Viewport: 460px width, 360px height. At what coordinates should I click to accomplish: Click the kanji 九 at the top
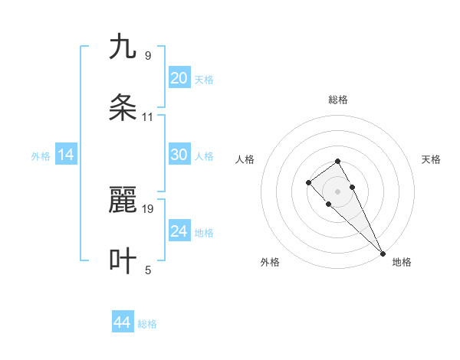123,47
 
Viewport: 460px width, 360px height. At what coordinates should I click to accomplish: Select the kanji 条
123,107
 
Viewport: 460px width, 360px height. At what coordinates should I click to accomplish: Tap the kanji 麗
123,201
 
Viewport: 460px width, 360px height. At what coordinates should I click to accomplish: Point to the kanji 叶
123,261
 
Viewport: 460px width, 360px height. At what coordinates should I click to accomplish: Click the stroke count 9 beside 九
147,56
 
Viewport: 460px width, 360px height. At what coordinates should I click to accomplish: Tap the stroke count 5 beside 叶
147,270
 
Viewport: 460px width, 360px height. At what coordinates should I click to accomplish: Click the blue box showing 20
179,78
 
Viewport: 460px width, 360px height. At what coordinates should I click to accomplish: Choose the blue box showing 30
179,155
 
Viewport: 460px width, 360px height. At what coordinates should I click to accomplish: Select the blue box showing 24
179,231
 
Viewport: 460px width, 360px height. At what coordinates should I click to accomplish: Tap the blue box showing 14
66,155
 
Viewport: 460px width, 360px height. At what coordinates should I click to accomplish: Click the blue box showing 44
122,323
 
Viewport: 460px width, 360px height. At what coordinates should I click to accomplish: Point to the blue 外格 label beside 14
41,156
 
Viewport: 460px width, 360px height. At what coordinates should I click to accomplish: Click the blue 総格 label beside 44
147,324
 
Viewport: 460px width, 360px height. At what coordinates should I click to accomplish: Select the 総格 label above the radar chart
338,100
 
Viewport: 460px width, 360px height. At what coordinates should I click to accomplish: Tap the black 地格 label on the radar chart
402,262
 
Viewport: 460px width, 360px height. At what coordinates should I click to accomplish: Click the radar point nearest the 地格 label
382,254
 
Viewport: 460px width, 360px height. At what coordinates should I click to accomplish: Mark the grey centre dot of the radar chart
338,191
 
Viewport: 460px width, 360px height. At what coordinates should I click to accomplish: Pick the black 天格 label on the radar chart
431,159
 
